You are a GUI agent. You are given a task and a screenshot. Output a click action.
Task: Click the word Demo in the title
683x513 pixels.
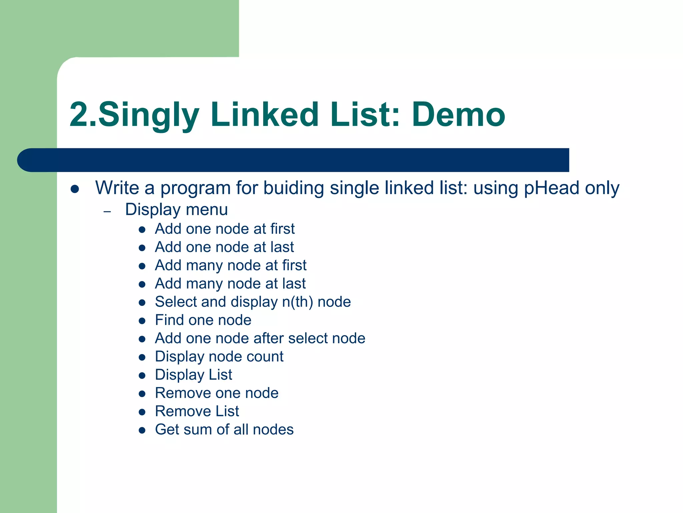tap(459, 115)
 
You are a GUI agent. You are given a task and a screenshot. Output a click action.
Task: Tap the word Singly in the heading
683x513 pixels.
tap(149, 115)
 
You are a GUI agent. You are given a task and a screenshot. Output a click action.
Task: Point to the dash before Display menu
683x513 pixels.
tap(107, 211)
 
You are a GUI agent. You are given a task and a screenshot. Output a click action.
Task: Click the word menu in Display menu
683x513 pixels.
tap(207, 210)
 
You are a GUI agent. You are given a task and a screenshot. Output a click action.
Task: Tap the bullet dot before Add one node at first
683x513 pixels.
tap(142, 229)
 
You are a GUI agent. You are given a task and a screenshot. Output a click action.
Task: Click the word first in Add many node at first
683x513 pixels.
tap(294, 266)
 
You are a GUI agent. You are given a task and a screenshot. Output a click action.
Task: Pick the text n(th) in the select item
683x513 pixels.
tap(297, 302)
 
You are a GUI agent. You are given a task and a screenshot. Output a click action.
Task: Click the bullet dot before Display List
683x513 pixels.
tap(142, 375)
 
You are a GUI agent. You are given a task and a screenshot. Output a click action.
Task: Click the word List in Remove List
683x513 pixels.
tap(227, 411)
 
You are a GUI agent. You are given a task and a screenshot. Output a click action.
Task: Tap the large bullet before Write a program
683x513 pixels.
tap(75, 189)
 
